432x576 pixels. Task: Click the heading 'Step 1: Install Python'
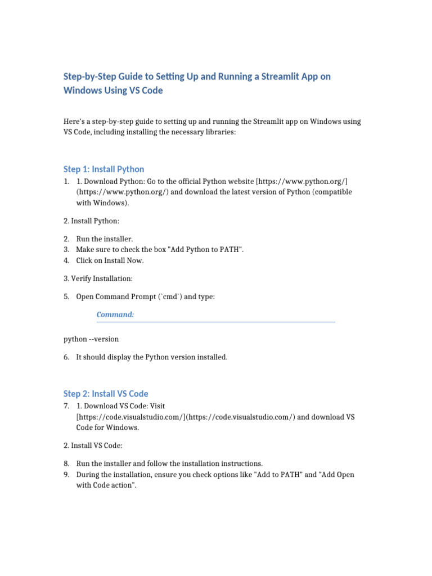point(103,169)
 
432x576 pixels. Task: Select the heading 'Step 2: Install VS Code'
point(106,394)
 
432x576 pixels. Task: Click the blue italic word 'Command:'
point(115,314)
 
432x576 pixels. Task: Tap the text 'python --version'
point(91,339)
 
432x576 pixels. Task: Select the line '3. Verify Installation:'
point(98,278)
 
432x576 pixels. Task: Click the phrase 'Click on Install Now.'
point(110,260)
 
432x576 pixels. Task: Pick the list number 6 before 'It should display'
point(66,357)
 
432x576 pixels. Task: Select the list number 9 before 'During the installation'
point(66,475)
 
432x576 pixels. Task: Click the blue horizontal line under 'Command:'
point(216,322)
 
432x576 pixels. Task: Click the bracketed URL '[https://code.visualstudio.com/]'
point(130,417)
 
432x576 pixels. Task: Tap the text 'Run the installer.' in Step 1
point(105,239)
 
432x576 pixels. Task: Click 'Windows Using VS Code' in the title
point(113,91)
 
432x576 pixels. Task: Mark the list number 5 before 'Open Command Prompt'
point(66,296)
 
